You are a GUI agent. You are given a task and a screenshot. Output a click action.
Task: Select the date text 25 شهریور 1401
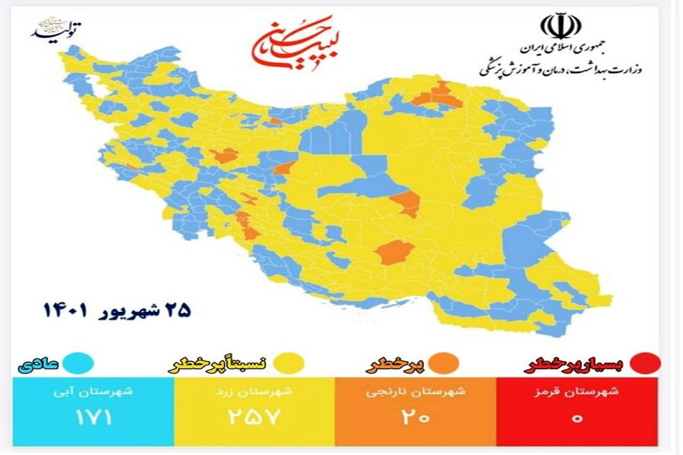pos(117,311)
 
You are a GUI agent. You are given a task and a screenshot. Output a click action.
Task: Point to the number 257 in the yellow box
pos(255,418)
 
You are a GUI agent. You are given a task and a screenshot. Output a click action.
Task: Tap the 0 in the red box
pos(577,418)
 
